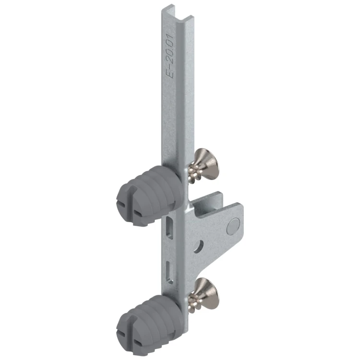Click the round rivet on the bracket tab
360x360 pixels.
[x=234, y=225]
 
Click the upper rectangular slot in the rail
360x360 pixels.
[x=169, y=225]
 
